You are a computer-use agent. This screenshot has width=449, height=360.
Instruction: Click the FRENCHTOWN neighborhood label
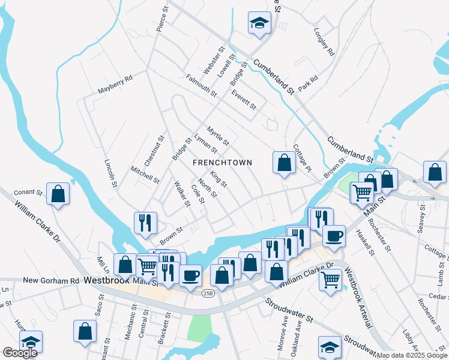pyautogui.click(x=222, y=163)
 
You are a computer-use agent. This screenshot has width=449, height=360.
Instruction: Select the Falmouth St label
pyautogui.click(x=201, y=86)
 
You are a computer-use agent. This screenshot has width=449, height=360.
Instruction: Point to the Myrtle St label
pyautogui.click(x=218, y=136)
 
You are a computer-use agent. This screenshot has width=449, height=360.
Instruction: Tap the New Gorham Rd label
pyautogui.click(x=51, y=280)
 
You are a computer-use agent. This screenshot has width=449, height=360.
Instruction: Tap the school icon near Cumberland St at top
pyautogui.click(x=259, y=23)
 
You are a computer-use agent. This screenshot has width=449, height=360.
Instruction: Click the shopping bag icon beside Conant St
pyautogui.click(x=58, y=194)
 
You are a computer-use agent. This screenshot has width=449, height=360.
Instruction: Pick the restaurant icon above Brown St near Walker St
pyautogui.click(x=145, y=223)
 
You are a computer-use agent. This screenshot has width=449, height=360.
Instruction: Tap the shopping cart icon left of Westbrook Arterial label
pyautogui.click(x=331, y=280)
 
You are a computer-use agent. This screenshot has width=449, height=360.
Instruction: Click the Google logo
pyautogui.click(x=20, y=352)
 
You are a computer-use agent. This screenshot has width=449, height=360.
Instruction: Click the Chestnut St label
pyautogui.click(x=160, y=148)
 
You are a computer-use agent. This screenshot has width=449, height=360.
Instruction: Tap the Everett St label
pyautogui.click(x=244, y=99)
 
